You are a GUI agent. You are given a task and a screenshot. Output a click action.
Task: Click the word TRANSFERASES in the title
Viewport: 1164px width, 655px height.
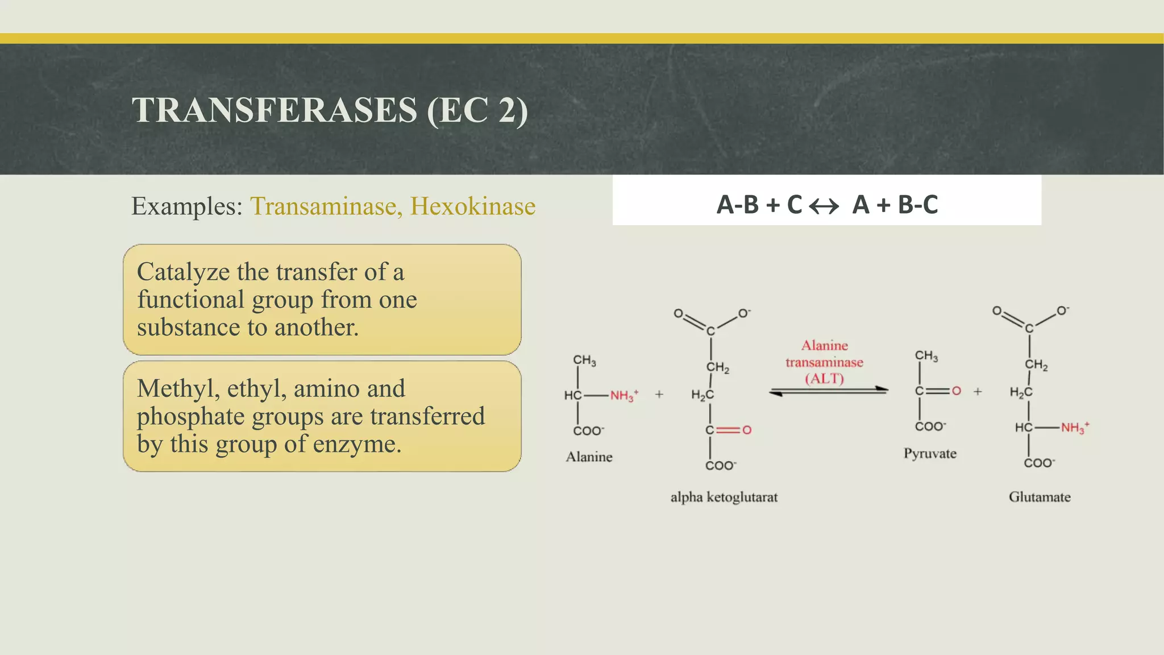pyautogui.click(x=275, y=110)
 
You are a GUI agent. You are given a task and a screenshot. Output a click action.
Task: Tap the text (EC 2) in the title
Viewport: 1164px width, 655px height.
pyautogui.click(x=477, y=110)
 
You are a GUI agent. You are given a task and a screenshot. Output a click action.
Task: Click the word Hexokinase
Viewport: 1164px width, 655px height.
pyautogui.click(x=473, y=206)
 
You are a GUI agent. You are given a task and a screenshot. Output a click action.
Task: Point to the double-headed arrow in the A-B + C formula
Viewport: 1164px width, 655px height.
pyautogui.click(x=824, y=206)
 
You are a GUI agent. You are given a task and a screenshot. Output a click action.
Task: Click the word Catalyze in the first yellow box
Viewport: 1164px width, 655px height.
pyautogui.click(x=183, y=272)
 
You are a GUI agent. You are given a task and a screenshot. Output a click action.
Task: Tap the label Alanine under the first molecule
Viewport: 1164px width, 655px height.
pyautogui.click(x=589, y=457)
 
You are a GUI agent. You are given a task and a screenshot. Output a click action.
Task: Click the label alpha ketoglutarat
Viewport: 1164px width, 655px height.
pyautogui.click(x=724, y=497)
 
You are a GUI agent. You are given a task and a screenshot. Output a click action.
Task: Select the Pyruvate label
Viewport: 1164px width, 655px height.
pyautogui.click(x=930, y=453)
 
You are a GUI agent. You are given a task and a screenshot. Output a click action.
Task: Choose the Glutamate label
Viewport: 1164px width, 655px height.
pyautogui.click(x=1040, y=497)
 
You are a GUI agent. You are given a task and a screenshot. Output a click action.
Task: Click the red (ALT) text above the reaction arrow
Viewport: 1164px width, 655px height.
pyautogui.click(x=824, y=379)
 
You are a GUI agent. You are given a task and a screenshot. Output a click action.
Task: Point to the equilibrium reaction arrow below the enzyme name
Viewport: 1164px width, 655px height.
pyautogui.click(x=829, y=391)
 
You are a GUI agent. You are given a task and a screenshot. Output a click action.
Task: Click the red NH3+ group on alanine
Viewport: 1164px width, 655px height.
pyautogui.click(x=623, y=395)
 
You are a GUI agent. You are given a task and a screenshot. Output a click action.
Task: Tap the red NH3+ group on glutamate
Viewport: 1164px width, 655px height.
pyautogui.click(x=1074, y=428)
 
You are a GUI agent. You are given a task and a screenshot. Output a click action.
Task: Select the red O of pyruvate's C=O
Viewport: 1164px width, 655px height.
pyautogui.click(x=957, y=391)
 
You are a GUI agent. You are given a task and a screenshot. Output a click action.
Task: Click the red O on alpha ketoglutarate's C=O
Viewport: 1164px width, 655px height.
pyautogui.click(x=747, y=430)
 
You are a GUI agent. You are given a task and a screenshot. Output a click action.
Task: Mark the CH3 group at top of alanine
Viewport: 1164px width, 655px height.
pyautogui.click(x=584, y=360)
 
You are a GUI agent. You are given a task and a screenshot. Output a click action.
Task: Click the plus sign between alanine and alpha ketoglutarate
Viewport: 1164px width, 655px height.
pyautogui.click(x=659, y=394)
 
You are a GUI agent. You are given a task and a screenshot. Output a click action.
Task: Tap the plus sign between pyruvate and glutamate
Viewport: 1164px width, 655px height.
pyautogui.click(x=978, y=391)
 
